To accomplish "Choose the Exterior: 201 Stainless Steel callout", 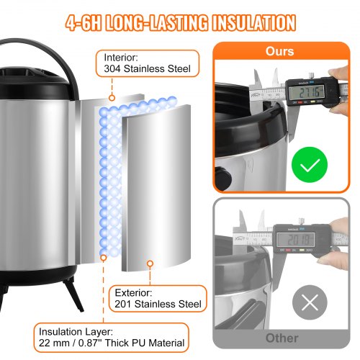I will tap(158, 297).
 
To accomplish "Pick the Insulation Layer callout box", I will tap(110, 338).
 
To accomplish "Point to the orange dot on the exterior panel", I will tap(150, 264).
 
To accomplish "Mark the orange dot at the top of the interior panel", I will tap(111, 98).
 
